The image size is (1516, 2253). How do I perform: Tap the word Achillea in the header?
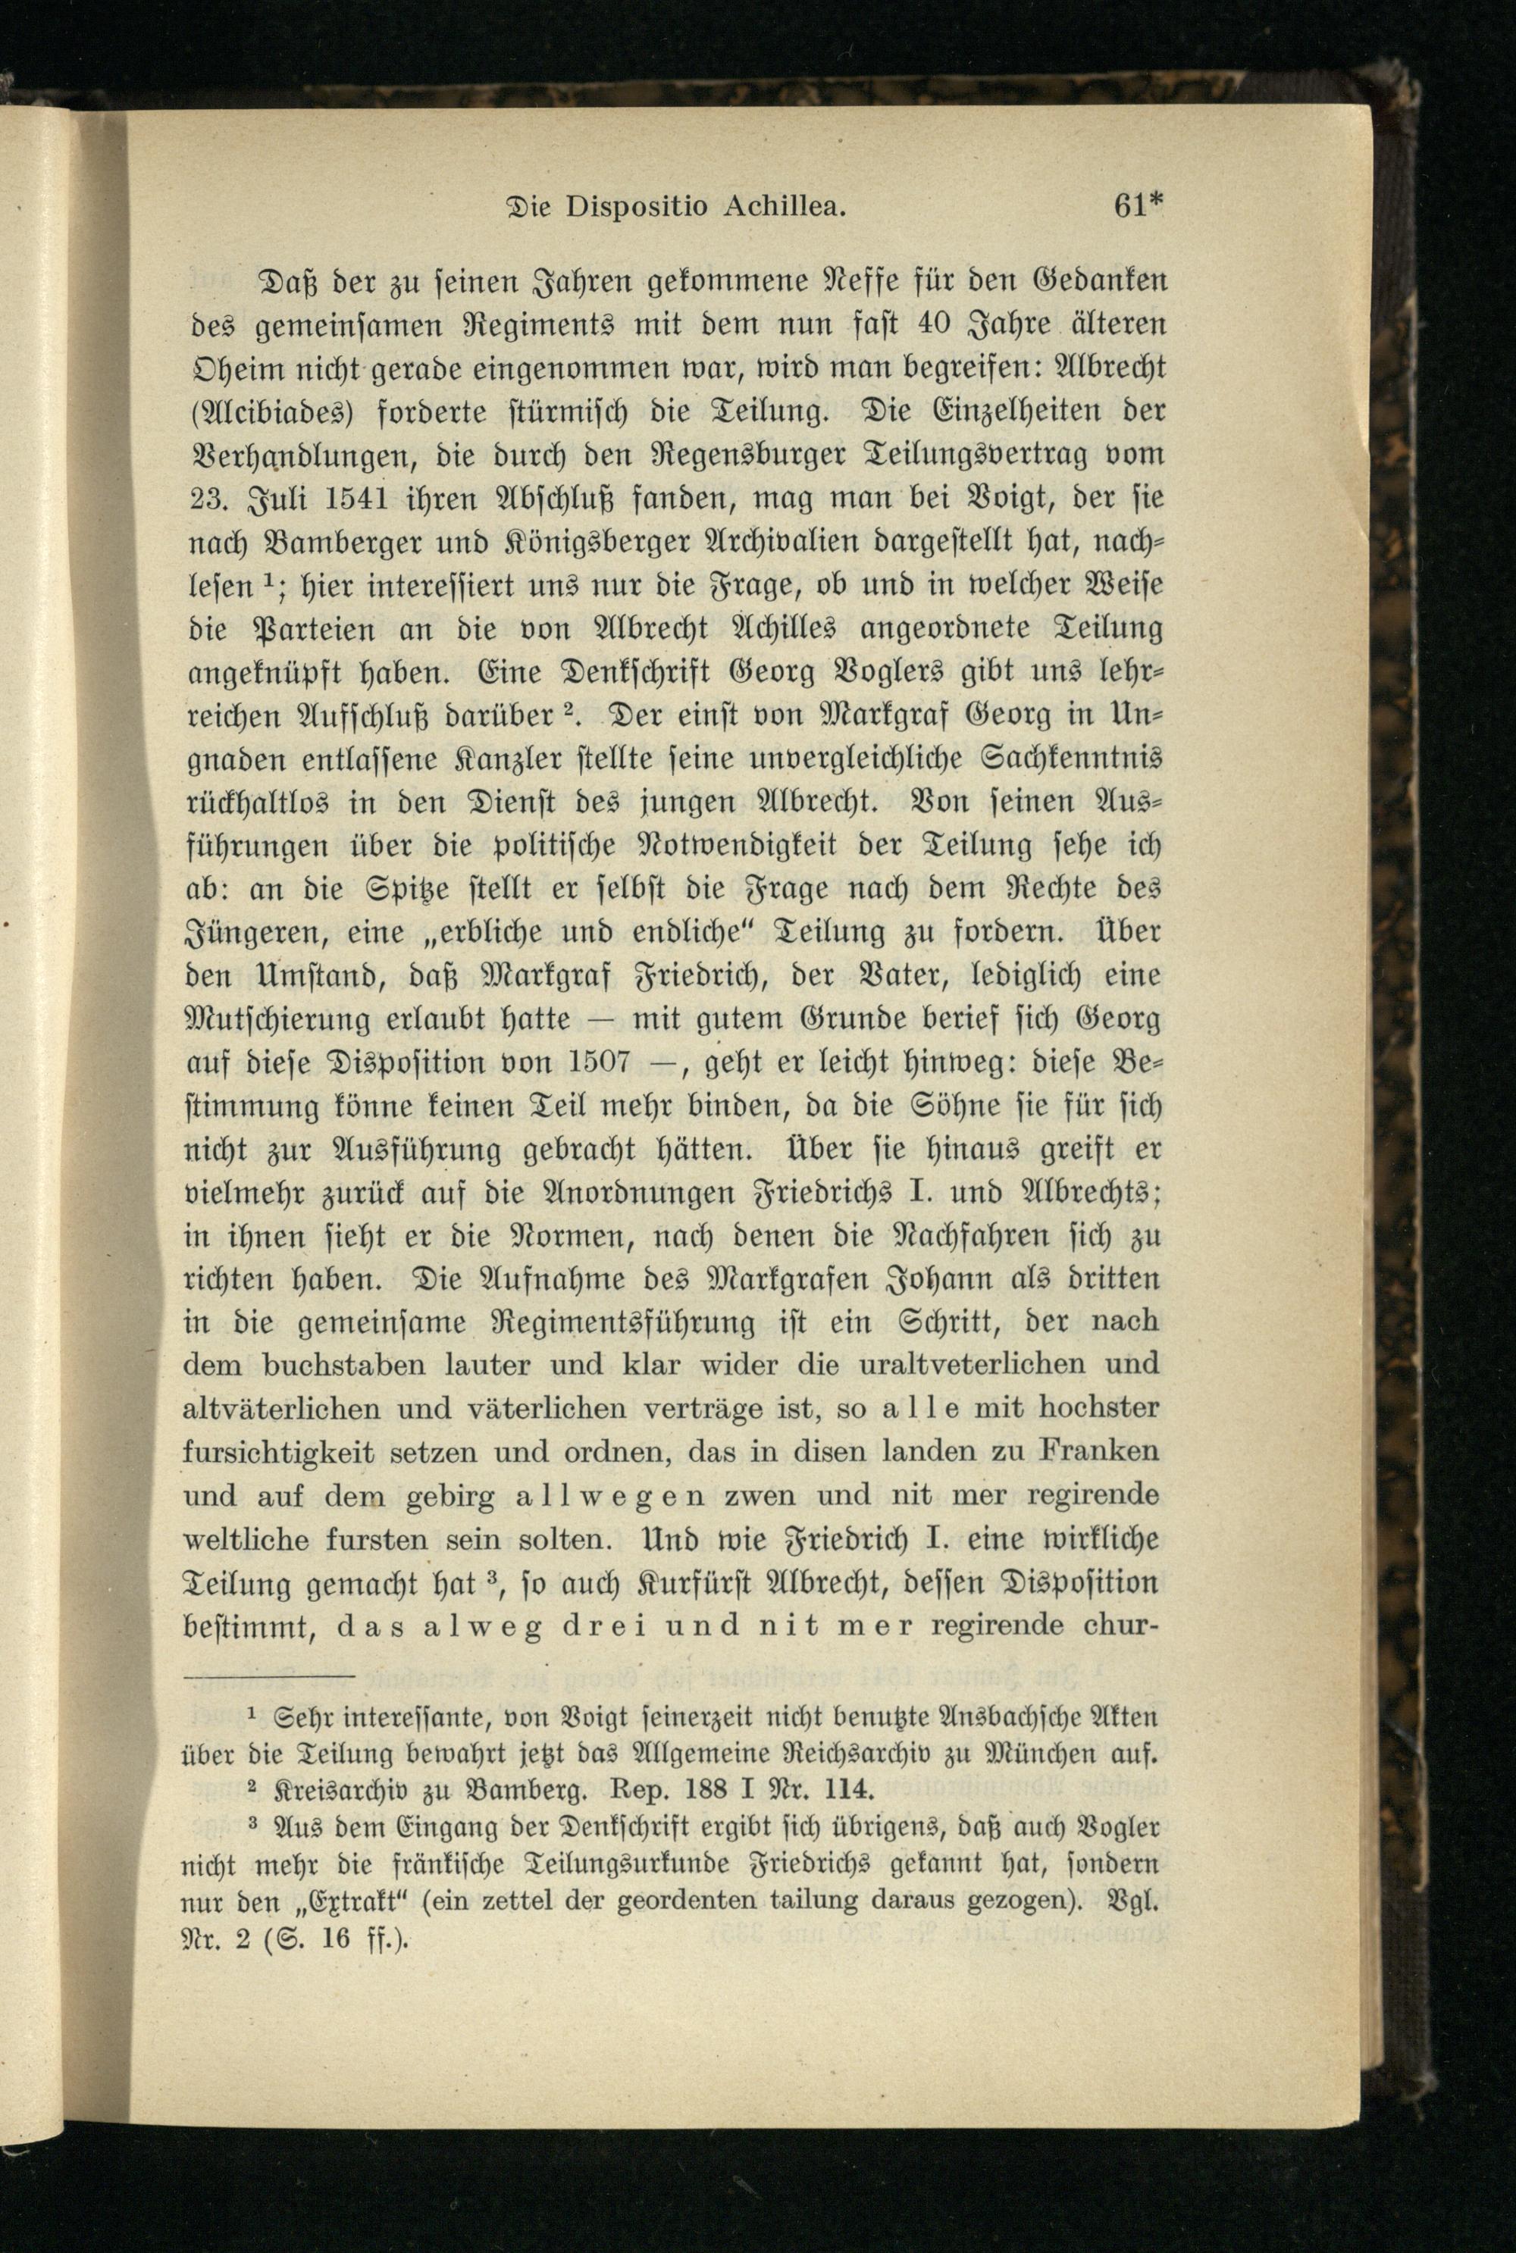tap(784, 207)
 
